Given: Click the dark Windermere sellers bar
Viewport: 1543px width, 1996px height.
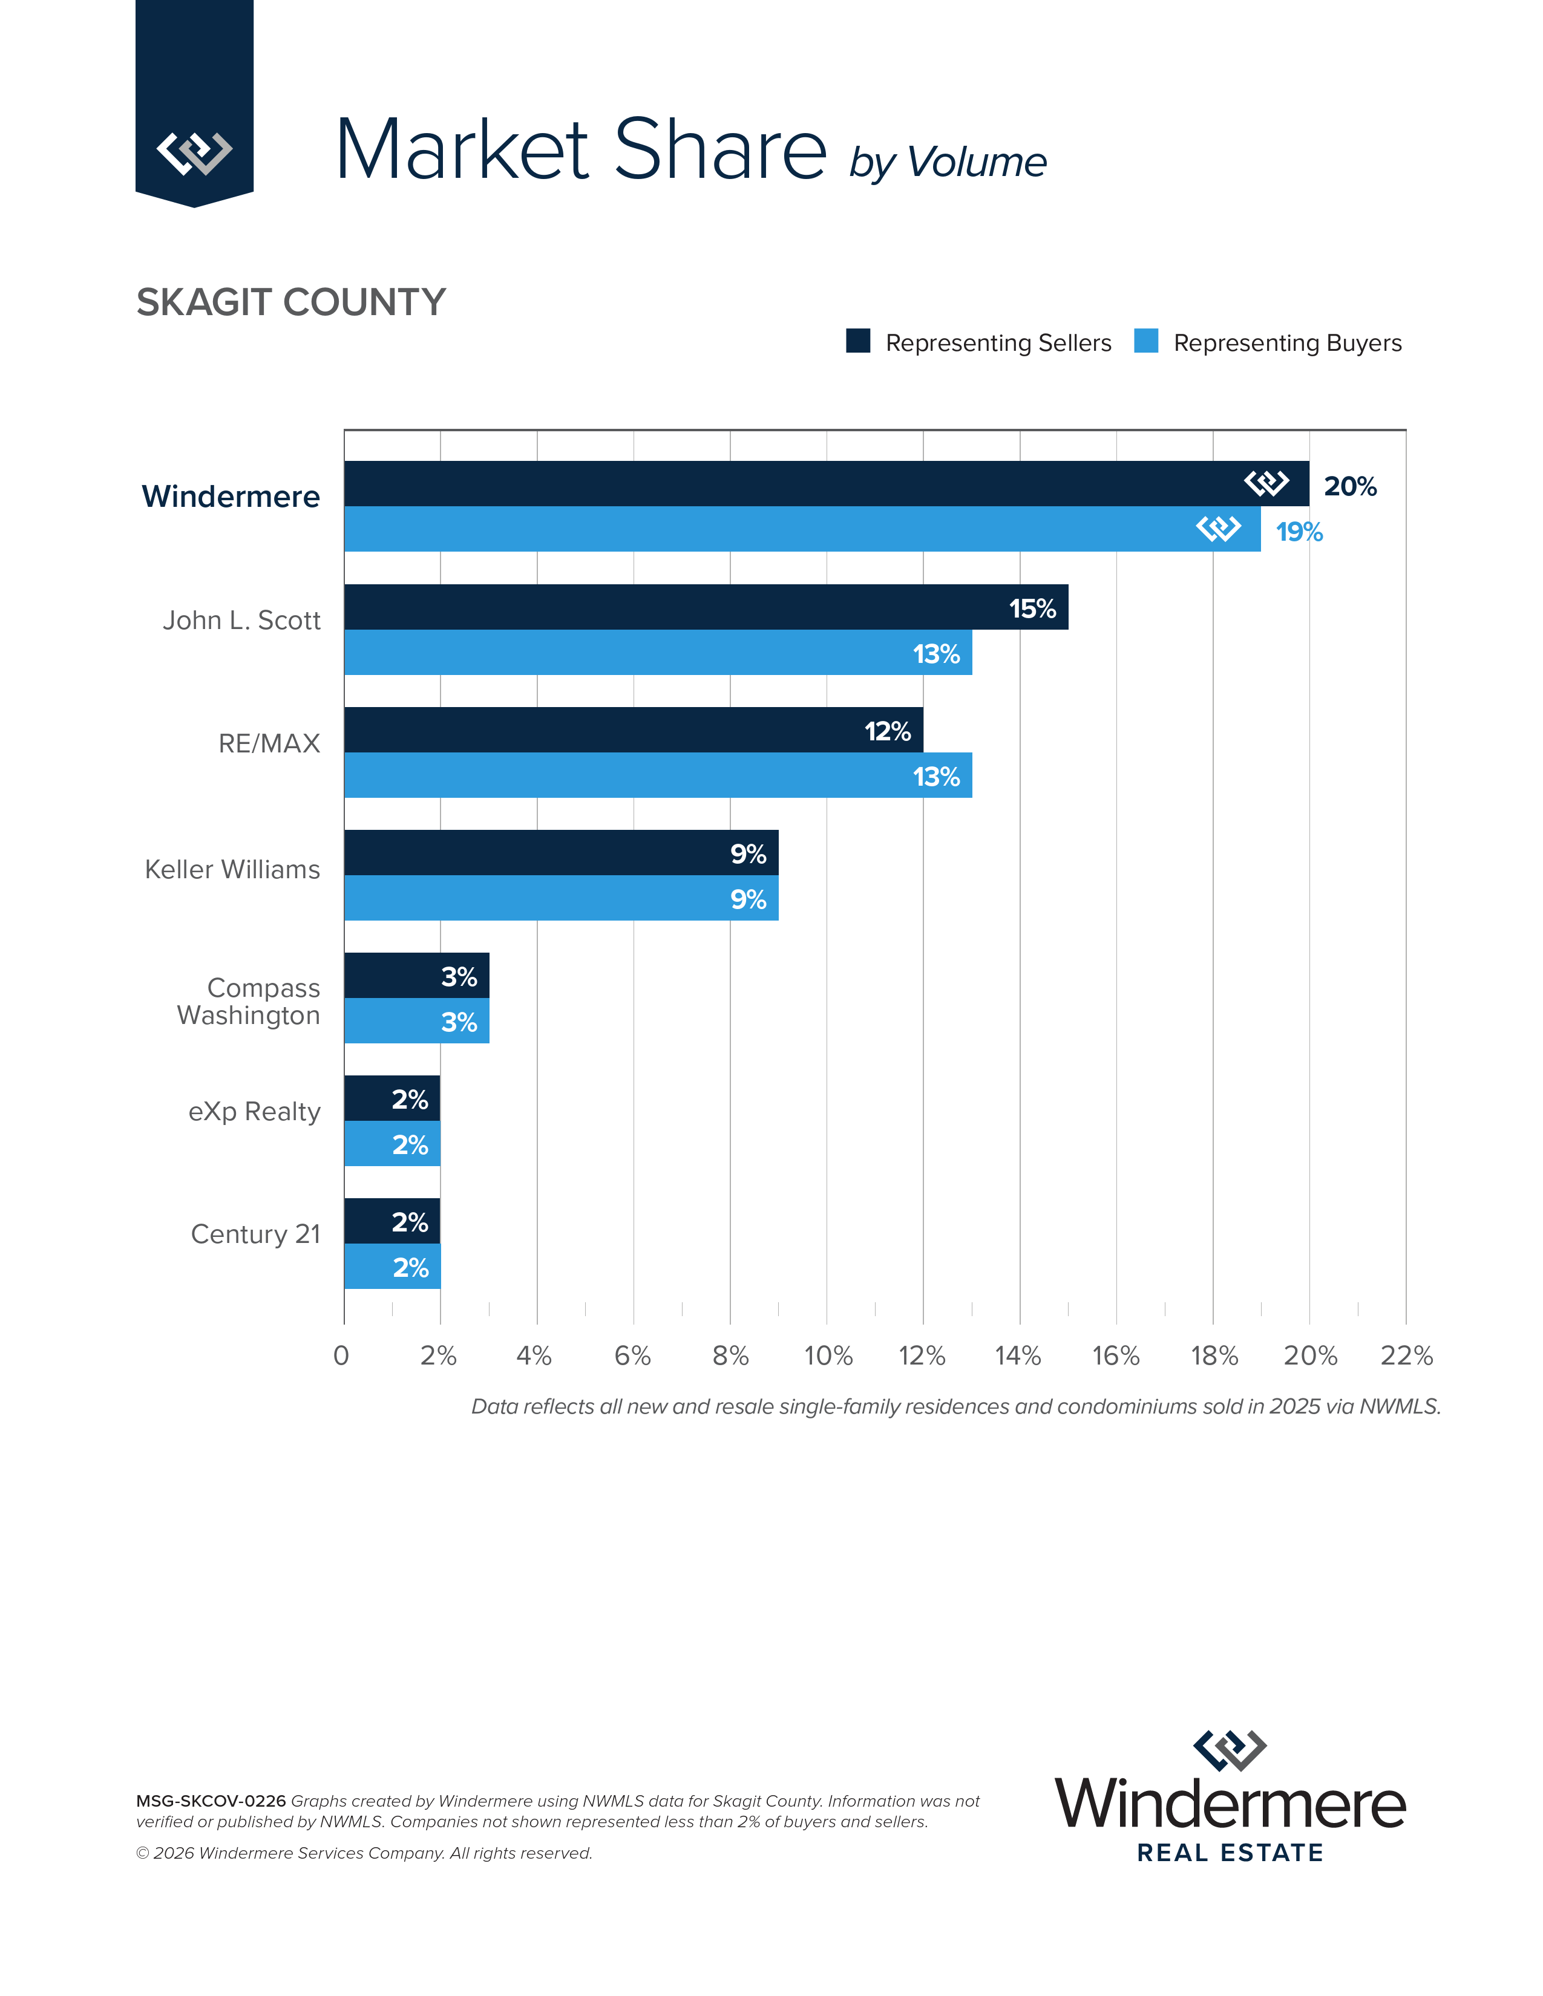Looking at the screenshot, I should click(x=777, y=483).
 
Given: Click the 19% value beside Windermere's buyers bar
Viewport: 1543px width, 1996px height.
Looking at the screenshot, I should click(x=1299, y=532).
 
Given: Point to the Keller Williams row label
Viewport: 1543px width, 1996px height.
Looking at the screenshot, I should click(x=232, y=869).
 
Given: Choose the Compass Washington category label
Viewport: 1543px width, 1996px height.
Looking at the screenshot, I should click(x=249, y=1002).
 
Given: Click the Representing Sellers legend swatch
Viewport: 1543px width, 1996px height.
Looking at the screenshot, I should click(x=857, y=341).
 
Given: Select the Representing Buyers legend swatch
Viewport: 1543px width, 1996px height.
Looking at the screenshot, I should click(x=1145, y=341).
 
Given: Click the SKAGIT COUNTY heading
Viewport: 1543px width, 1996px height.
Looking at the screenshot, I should click(x=290, y=302).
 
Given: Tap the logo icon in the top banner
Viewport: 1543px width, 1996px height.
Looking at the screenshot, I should click(x=194, y=152).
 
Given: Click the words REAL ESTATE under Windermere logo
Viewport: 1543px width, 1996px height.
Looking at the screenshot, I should click(x=1230, y=1853).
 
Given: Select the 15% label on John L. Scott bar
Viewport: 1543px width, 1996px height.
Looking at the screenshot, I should click(x=1032, y=608).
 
